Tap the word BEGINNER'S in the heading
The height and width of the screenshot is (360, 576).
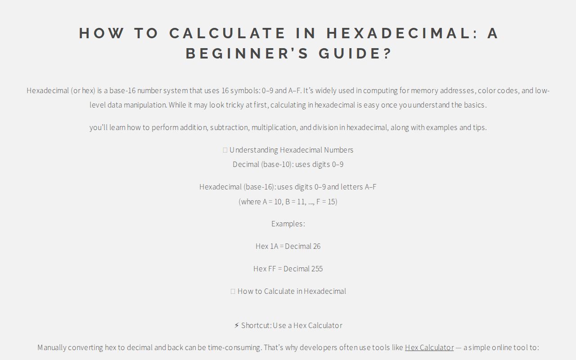click(247, 54)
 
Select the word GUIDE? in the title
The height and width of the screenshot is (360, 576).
click(355, 54)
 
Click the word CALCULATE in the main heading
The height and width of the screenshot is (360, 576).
click(228, 33)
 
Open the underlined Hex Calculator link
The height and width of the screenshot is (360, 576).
click(429, 347)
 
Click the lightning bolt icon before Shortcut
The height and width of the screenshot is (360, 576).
click(237, 325)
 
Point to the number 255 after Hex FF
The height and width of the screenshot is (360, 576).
click(317, 269)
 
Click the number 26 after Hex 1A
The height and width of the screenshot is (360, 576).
click(316, 246)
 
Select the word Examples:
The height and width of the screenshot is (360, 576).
click(288, 224)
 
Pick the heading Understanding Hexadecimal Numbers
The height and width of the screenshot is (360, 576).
click(291, 150)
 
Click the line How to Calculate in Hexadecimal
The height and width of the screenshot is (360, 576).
click(292, 291)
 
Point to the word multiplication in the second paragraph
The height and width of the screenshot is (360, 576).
click(274, 127)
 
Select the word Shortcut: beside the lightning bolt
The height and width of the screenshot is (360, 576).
click(256, 325)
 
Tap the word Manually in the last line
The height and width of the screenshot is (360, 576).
click(52, 347)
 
